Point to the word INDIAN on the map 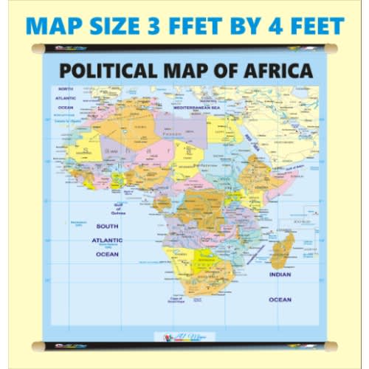280,274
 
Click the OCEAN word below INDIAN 280,300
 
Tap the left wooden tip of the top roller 34,49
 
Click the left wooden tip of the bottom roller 34,345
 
